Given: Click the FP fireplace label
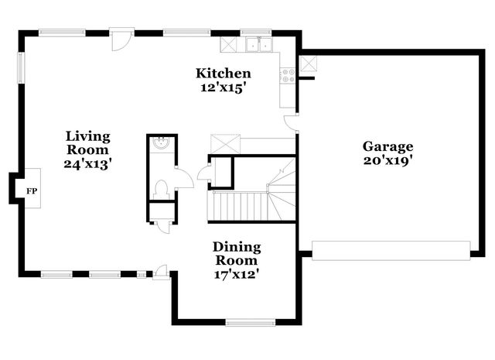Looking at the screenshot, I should pos(32,190).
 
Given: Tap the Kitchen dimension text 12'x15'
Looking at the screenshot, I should pos(223,87).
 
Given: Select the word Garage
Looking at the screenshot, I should pos(387,146).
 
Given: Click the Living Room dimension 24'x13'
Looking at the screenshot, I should pos(87,163).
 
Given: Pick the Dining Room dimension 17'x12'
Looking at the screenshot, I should pos(237,273).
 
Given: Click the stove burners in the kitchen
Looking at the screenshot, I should pos(288,75).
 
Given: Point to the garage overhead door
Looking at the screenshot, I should pos(391,249).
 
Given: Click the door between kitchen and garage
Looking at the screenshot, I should pos(291,122).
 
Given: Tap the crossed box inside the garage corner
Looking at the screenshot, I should pos(308,63).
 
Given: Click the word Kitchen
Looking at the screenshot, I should pos(223,74).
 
